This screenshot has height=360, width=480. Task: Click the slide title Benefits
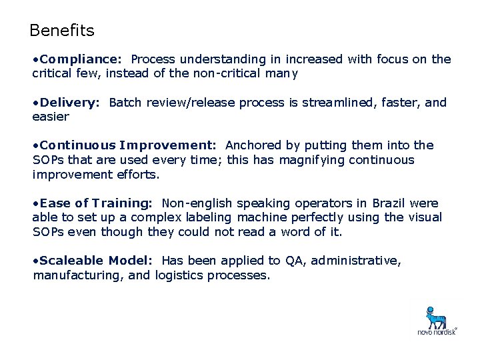(62, 31)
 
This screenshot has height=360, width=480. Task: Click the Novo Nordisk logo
(437, 320)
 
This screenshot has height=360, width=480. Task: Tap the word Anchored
(253, 145)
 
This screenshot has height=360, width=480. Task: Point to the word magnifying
(311, 160)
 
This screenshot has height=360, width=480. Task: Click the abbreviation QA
(293, 261)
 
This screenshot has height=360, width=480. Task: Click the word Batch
(124, 103)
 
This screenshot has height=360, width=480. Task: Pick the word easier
(51, 117)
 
